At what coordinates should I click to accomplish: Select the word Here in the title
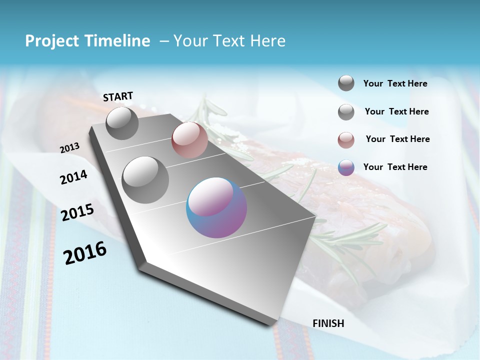coord(267,41)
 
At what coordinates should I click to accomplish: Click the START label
coord(118,96)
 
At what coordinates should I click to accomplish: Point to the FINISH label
coord(328,323)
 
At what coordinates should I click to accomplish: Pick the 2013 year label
coord(70,148)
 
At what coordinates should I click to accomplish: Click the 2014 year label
coord(73,177)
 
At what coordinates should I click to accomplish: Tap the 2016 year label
coord(85,253)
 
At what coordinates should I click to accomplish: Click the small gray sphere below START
coord(122,123)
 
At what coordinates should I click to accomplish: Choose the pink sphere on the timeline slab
coord(189,139)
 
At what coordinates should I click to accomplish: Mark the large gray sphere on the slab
coord(145,179)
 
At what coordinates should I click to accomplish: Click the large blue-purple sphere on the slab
coord(216,207)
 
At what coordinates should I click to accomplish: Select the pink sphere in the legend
coord(346,140)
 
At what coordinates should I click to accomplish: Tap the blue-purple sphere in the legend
coord(346,168)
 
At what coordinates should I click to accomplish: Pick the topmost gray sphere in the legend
coord(346,83)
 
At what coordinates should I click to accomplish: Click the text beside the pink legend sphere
coord(397,139)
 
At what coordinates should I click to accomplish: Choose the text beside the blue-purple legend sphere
coord(395,167)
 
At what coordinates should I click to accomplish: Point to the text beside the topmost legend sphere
coord(395,83)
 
